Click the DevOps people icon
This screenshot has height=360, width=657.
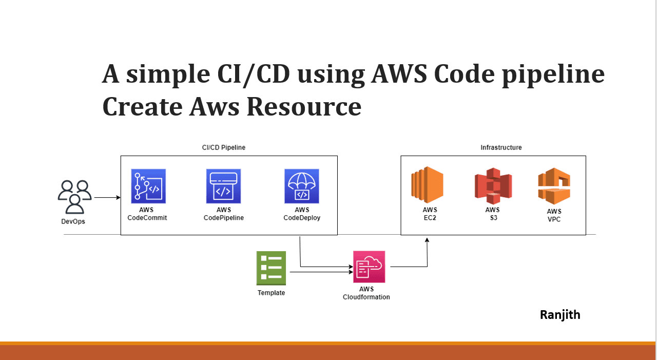[74, 197]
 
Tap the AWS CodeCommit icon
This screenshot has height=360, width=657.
[148, 186]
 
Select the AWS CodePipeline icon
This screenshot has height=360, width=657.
[224, 186]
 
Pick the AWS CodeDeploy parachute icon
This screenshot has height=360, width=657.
[302, 186]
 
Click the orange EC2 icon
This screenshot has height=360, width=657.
[427, 185]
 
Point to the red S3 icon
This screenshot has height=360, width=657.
[493, 186]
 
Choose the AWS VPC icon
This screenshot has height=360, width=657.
[554, 186]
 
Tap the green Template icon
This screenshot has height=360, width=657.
[271, 268]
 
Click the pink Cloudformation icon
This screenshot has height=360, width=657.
[369, 267]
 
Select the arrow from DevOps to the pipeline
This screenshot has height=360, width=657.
[107, 197]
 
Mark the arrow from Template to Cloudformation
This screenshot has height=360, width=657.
[321, 272]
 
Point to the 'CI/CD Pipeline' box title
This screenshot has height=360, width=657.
[224, 148]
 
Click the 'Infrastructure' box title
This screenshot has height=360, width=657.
[501, 148]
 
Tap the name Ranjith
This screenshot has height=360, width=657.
[560, 315]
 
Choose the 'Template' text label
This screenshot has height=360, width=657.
[271, 293]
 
